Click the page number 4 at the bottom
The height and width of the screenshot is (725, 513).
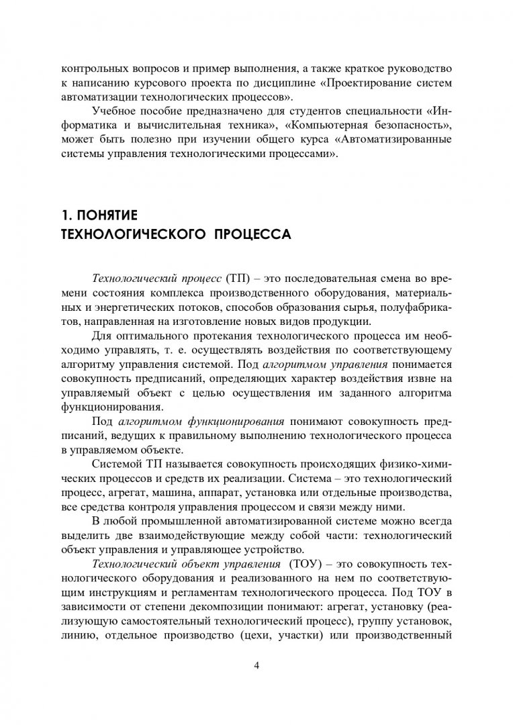coord(256,665)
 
